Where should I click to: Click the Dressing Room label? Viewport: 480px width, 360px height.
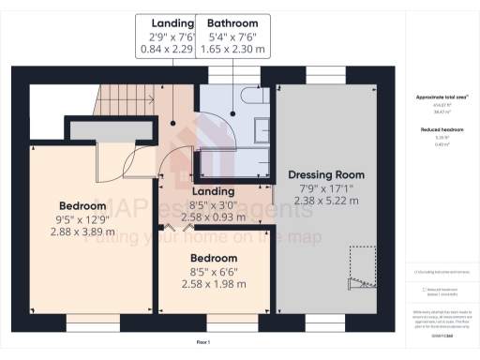click(325, 174)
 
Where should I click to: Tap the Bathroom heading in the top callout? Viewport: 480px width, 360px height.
click(232, 22)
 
